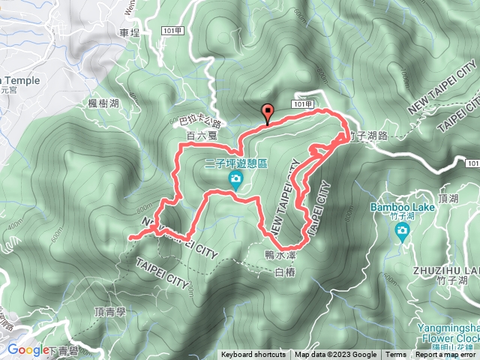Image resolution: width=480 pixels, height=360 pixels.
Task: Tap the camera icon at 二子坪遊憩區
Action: (x=235, y=178)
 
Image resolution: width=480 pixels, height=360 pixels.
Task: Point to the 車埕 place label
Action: (x=130, y=33)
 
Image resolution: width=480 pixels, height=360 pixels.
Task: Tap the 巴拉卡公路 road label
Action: (x=201, y=121)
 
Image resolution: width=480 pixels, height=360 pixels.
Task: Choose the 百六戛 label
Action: (x=201, y=136)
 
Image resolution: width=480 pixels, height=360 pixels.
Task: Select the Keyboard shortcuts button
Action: (x=253, y=355)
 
